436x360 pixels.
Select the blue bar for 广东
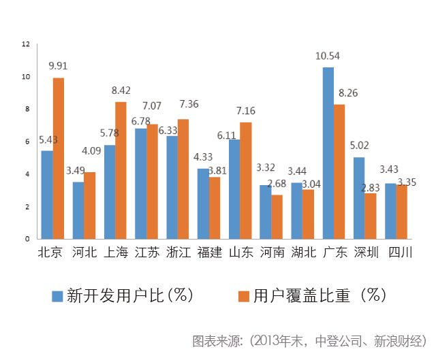point(328,153)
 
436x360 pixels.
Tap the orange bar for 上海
point(121,170)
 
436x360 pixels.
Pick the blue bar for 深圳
point(359,198)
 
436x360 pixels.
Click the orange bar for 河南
point(277,217)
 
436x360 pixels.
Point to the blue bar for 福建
point(203,203)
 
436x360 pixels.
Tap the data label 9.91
point(59,66)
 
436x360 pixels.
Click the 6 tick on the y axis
point(28,142)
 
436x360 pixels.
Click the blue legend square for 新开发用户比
point(58,295)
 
